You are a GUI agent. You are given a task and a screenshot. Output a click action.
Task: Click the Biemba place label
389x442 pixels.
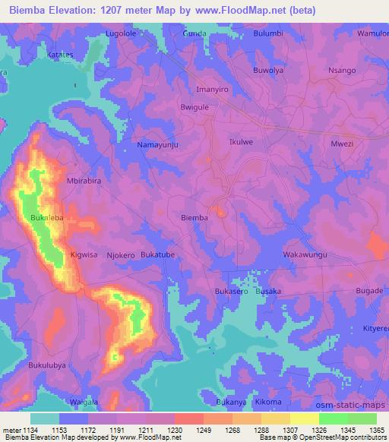coord(194,218)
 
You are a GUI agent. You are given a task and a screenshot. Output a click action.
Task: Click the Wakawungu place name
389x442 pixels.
coord(305,254)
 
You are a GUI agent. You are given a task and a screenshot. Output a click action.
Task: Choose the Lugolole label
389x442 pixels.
coord(125,34)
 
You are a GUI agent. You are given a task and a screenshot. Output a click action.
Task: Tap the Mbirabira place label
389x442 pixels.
coord(84,182)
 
